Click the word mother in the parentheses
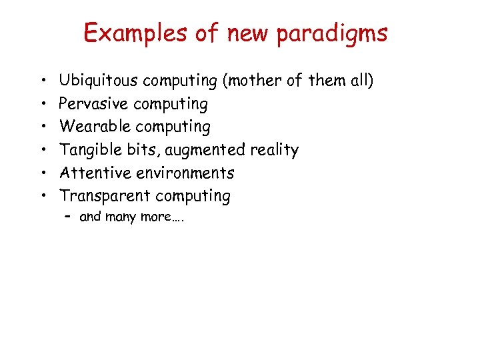click(x=255, y=81)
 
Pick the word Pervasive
click(x=93, y=104)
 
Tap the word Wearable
click(x=93, y=127)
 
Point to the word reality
click(x=274, y=151)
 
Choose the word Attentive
click(x=95, y=173)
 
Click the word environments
click(x=185, y=173)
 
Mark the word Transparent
click(x=104, y=197)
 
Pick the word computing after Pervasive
click(x=171, y=105)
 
